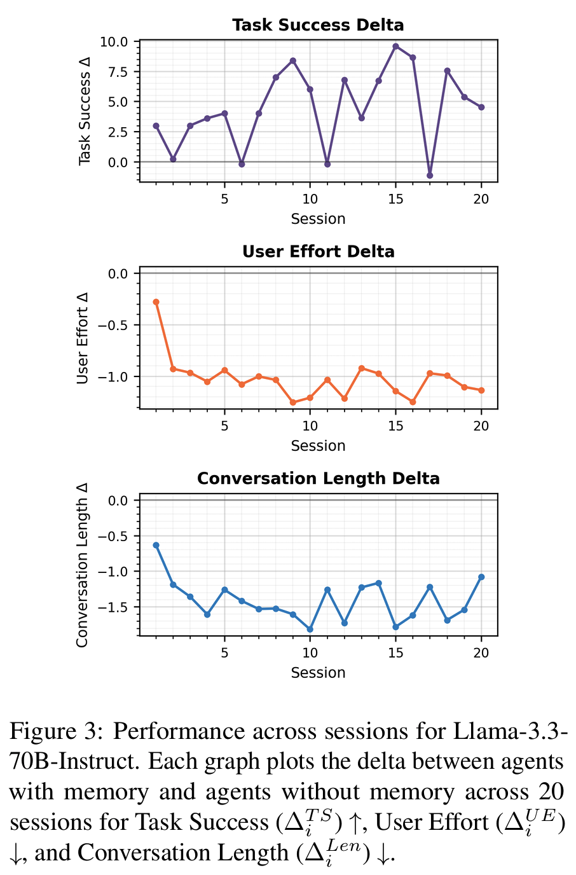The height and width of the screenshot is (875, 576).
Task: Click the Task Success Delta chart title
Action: point(318,25)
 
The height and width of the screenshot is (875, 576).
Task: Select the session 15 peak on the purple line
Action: point(395,46)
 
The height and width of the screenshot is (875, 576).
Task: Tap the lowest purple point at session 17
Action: point(430,176)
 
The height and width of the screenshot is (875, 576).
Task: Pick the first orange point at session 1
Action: point(156,302)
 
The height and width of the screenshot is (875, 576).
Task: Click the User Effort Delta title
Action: point(318,252)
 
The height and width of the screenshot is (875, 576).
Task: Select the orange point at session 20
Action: point(481,390)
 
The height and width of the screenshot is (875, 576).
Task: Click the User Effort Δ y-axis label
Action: point(83,338)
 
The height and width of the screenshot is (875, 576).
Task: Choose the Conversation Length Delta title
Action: point(318,479)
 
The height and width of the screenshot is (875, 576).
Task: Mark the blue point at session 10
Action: point(310,630)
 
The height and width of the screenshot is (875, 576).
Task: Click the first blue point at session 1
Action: point(156,546)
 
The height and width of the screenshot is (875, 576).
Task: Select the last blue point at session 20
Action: point(481,577)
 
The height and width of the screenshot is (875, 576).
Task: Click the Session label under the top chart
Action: point(318,219)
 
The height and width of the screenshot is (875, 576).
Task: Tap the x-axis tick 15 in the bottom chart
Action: point(395,653)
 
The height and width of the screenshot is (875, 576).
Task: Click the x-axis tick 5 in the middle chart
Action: point(224,426)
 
